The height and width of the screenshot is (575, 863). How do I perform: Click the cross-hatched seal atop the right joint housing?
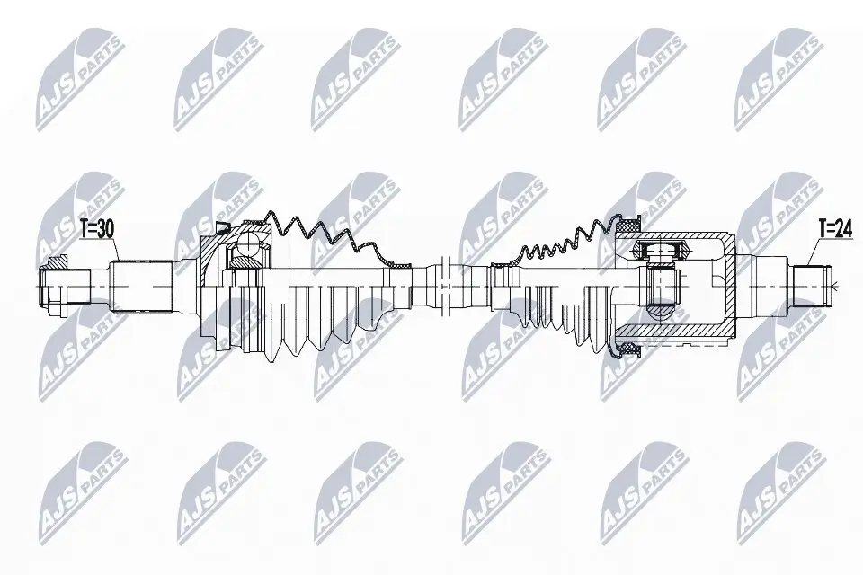click(627, 221)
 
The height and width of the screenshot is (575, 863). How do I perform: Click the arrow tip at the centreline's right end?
click(836, 287)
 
